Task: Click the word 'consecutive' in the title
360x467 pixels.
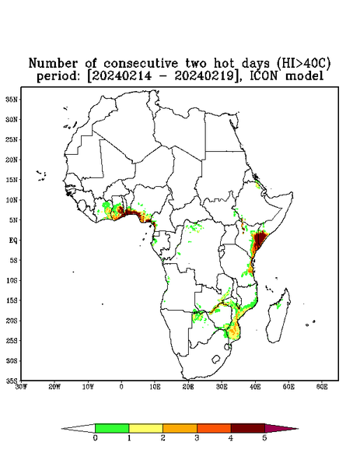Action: (x=141, y=64)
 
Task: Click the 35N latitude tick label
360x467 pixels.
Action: (x=12, y=99)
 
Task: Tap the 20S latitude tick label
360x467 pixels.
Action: (x=12, y=321)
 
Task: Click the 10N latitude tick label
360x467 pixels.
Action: (x=12, y=200)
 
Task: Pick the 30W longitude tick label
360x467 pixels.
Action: (x=21, y=387)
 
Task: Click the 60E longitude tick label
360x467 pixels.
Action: (x=322, y=387)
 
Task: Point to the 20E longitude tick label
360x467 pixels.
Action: (x=188, y=387)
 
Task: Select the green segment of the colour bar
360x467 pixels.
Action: (x=112, y=428)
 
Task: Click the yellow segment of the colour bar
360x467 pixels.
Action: (x=145, y=428)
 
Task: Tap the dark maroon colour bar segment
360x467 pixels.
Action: (x=248, y=428)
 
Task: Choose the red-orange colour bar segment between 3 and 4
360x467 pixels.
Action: (x=214, y=428)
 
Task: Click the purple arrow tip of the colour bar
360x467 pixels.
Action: (x=281, y=428)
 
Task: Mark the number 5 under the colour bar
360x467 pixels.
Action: (x=264, y=438)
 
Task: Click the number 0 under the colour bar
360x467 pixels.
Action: (x=95, y=438)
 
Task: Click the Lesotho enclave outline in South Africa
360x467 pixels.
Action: (x=216, y=359)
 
